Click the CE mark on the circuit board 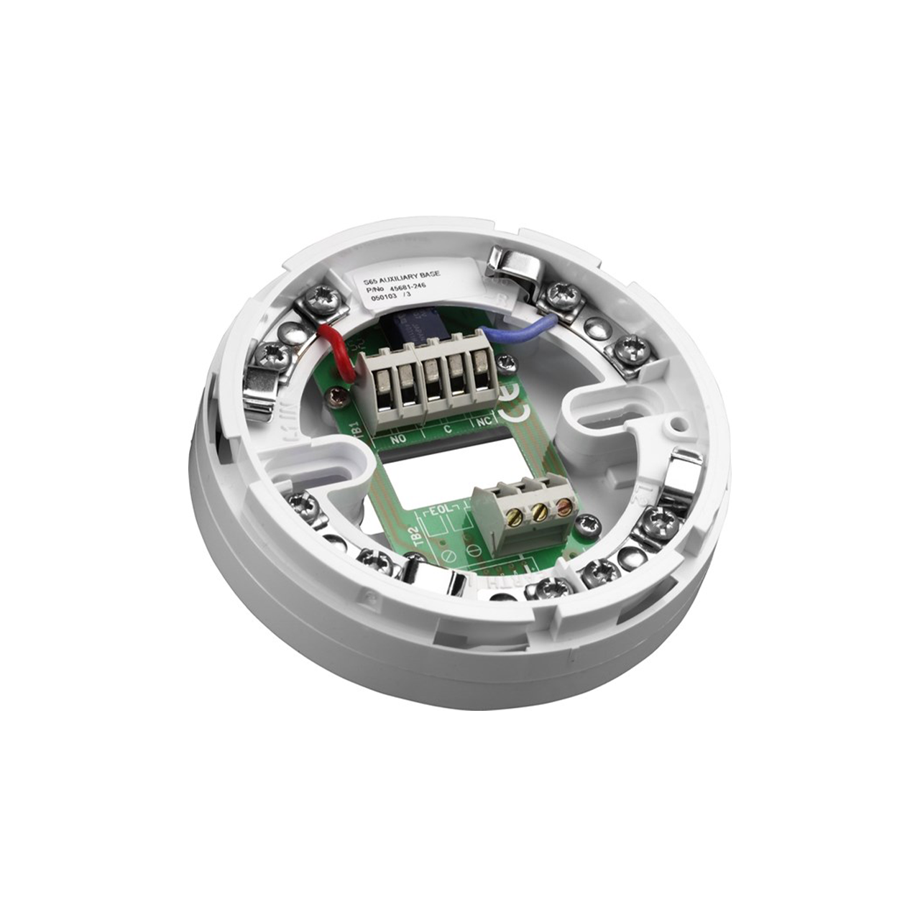pos(520,412)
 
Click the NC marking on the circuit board pos(483,423)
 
